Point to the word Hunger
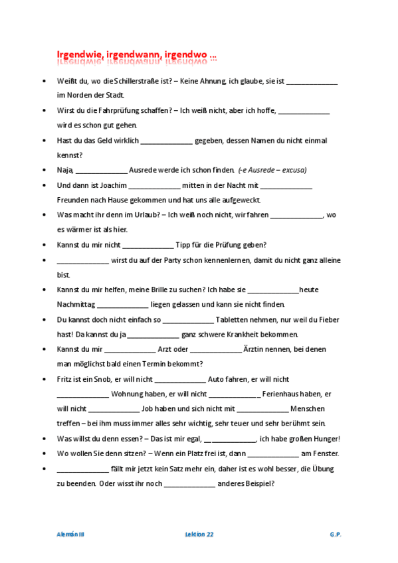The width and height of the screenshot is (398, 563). click(x=325, y=439)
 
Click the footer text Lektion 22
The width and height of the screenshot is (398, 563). click(x=199, y=534)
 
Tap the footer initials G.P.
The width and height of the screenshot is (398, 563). click(x=335, y=534)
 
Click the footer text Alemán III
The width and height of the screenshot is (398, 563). click(x=70, y=534)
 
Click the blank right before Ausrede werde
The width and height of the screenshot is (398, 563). click(x=102, y=171)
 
